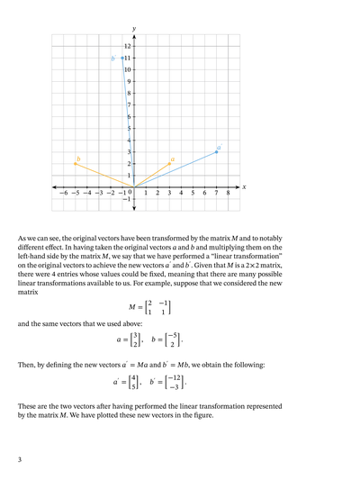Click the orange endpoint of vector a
(x=170, y=164)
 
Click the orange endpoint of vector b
(x=76, y=164)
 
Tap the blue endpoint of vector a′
(x=217, y=151)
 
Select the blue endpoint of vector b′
(x=122, y=58)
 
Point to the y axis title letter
(x=134, y=30)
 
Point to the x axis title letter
(x=244, y=187)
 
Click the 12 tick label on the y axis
(x=127, y=46)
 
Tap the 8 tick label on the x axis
(x=229, y=194)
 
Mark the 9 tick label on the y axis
(x=129, y=81)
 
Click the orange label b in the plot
(x=78, y=158)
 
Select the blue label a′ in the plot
(x=219, y=146)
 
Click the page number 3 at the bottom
(x=20, y=459)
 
